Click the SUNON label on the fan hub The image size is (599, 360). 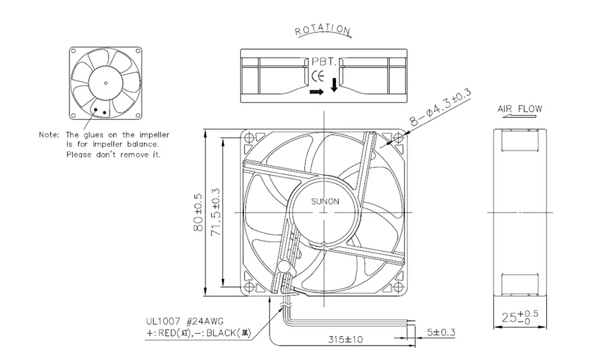[x=325, y=202]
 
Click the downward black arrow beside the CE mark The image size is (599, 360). [x=334, y=87]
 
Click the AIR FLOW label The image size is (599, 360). [x=519, y=109]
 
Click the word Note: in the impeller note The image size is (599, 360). [x=50, y=135]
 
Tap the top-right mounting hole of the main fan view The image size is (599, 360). [x=398, y=138]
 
